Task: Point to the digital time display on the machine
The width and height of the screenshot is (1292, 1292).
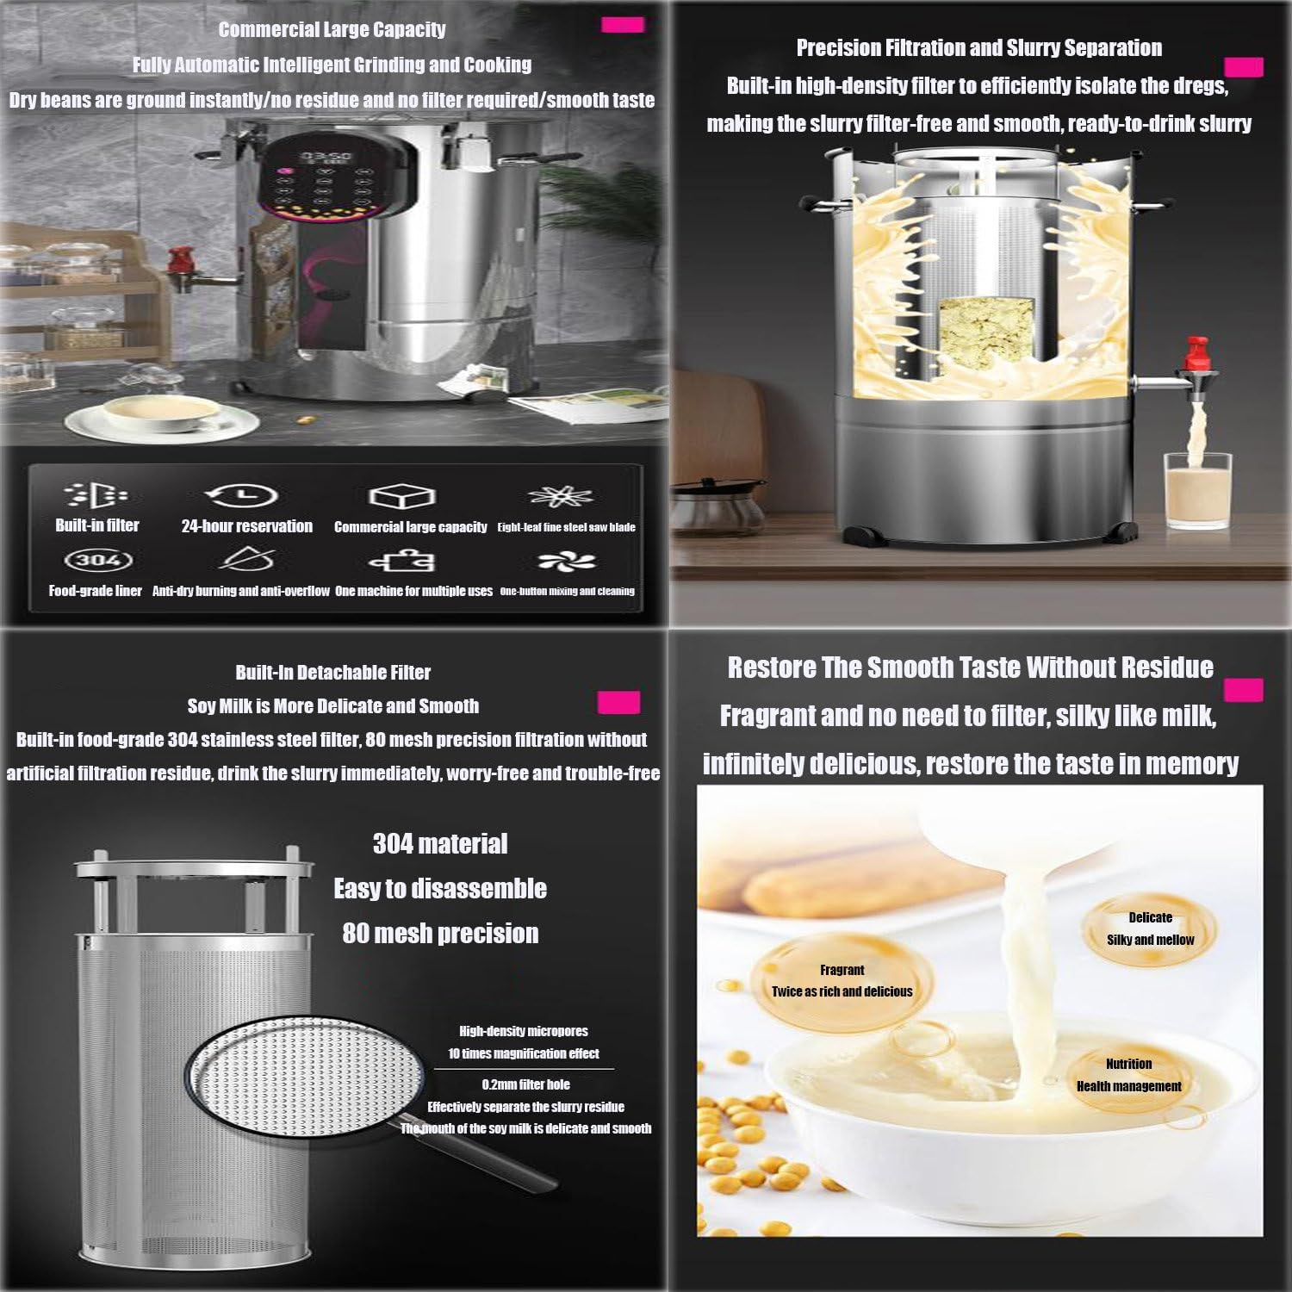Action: coord(325,158)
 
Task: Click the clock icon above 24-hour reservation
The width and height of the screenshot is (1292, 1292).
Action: coord(242,495)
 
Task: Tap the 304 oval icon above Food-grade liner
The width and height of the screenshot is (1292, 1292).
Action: coord(98,560)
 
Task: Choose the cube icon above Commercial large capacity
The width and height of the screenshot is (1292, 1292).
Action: coord(401,497)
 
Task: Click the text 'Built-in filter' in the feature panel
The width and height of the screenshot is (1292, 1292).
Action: coord(97,525)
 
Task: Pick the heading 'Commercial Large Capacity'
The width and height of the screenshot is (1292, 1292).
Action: coord(332,29)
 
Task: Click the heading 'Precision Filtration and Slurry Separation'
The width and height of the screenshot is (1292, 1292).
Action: coord(979,47)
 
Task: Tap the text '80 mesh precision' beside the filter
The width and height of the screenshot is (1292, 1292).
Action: coord(440,933)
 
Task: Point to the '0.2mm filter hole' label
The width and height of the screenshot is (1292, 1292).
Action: coord(525,1084)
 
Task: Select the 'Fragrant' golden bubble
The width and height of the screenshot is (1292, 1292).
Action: coord(842,981)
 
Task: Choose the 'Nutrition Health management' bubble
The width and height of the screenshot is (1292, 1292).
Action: coord(1128,1076)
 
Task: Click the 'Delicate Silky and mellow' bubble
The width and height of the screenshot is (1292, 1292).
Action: coord(1150,929)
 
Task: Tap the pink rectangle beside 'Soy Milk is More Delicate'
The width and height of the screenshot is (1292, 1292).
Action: coord(618,702)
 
